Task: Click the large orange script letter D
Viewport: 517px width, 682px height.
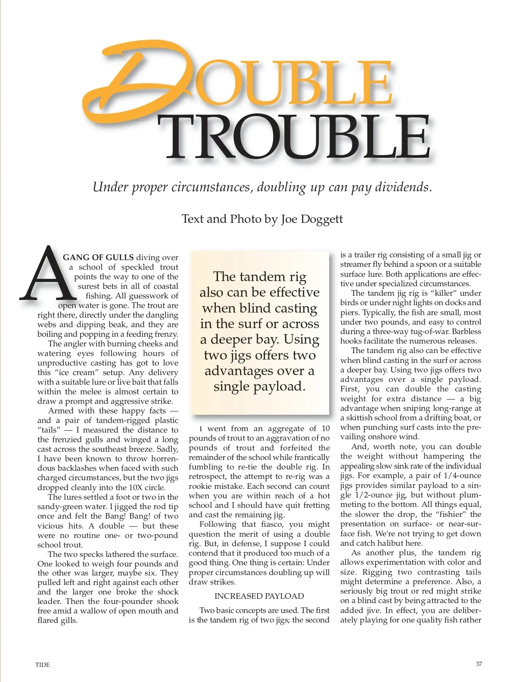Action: tap(138, 80)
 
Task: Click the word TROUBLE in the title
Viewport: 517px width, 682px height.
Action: tap(297, 137)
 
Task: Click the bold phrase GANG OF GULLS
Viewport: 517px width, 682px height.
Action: tap(98, 258)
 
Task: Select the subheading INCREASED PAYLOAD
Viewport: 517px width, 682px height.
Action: tap(259, 596)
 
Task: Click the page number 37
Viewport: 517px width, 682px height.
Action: tap(479, 664)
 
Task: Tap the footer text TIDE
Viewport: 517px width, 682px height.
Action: tap(43, 665)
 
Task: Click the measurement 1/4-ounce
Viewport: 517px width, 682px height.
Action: tap(463, 476)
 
